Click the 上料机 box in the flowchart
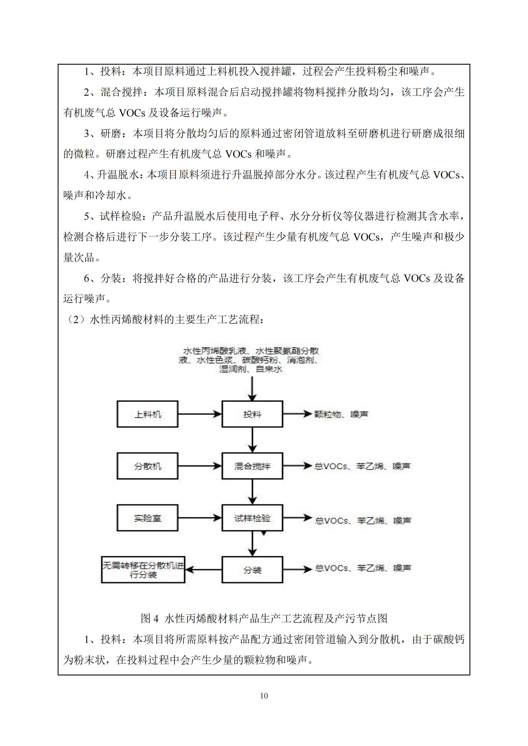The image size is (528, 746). (x=147, y=414)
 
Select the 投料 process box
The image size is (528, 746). (x=252, y=414)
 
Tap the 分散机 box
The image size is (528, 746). (x=147, y=466)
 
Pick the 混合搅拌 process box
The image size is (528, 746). (x=252, y=466)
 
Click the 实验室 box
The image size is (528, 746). (x=147, y=518)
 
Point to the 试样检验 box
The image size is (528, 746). (x=252, y=518)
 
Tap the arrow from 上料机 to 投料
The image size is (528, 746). (x=200, y=414)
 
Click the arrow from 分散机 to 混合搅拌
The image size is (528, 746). (x=200, y=466)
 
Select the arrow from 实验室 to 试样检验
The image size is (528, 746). (x=200, y=518)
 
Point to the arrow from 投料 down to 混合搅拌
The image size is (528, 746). (x=252, y=440)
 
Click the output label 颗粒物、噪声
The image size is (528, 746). (x=341, y=414)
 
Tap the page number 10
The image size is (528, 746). (x=264, y=696)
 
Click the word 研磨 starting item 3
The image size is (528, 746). (x=111, y=134)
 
